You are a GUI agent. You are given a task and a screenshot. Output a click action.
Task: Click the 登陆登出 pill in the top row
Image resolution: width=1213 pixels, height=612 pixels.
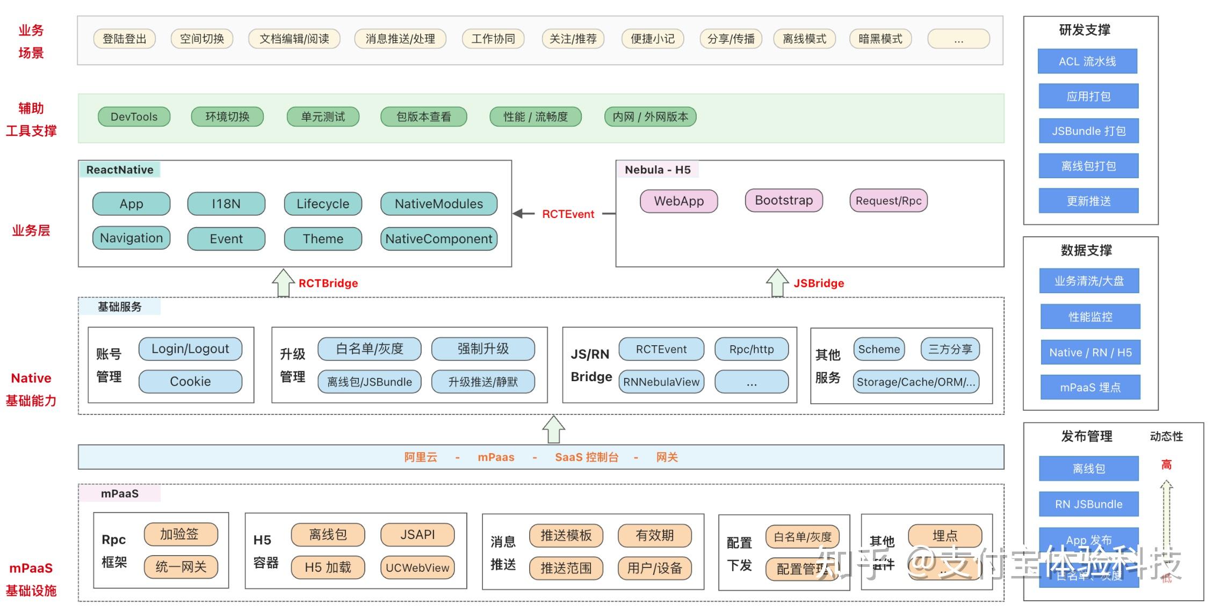124,39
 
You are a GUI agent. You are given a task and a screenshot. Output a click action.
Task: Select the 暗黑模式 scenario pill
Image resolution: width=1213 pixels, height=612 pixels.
880,39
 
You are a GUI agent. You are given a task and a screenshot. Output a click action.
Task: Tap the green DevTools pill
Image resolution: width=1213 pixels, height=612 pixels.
134,116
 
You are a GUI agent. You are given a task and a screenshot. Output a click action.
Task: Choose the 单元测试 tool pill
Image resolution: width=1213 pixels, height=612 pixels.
322,116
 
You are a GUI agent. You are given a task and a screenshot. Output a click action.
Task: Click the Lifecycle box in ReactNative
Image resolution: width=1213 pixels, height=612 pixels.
322,204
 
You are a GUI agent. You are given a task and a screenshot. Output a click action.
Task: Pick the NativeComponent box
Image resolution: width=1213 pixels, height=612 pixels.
438,239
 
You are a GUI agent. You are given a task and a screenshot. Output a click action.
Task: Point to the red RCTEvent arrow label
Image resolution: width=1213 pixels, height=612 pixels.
568,214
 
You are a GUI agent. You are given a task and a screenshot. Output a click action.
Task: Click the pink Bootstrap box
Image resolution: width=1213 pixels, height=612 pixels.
783,200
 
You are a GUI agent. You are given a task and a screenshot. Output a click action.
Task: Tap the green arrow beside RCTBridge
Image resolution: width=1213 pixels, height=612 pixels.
283,283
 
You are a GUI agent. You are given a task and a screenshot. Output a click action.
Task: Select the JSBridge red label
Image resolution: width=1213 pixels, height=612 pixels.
819,283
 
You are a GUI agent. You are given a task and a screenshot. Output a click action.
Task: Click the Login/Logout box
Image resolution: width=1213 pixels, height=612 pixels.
190,349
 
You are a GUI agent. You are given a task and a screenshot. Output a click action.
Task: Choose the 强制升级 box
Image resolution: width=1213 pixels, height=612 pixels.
483,349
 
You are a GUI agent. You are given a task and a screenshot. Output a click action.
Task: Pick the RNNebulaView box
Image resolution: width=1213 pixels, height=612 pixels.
661,382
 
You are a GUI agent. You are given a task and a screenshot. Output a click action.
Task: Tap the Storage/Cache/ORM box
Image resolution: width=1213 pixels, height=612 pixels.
915,382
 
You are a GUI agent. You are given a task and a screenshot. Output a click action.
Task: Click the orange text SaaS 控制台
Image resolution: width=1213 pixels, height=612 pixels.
586,457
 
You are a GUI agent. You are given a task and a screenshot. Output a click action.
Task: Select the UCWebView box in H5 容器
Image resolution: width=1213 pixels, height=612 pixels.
417,567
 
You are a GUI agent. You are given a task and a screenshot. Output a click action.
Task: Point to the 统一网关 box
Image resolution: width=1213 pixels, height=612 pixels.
180,567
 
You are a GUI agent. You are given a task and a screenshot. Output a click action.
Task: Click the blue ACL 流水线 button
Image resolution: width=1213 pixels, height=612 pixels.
1087,61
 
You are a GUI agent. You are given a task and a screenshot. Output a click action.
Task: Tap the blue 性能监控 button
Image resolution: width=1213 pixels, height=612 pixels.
1090,317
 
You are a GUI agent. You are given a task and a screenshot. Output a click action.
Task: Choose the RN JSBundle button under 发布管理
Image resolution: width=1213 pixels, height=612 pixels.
1088,504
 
